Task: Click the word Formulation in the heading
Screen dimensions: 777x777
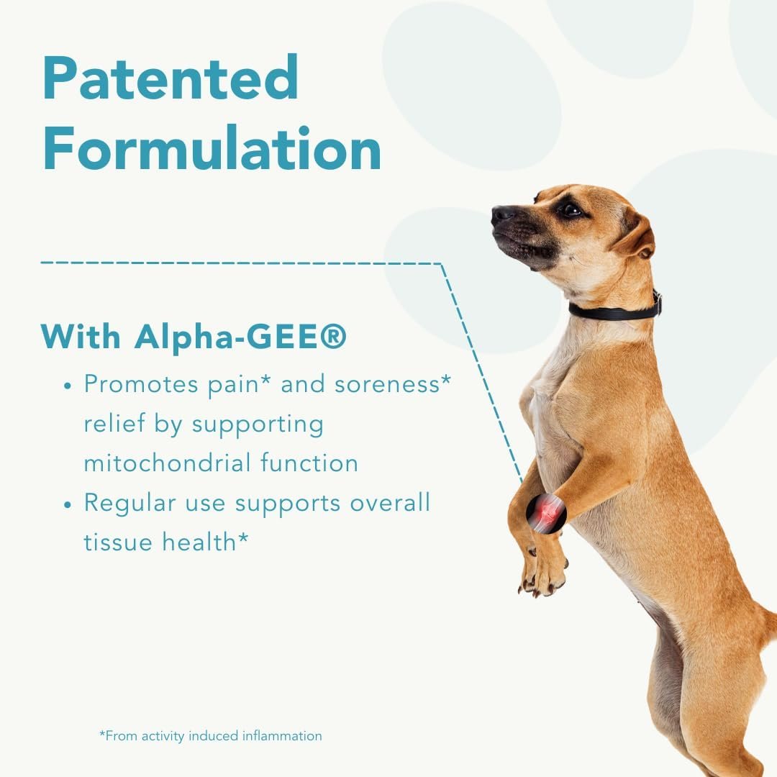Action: coord(212,149)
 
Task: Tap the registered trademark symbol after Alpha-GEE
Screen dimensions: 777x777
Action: coord(332,337)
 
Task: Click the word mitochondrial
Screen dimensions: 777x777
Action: coord(156,463)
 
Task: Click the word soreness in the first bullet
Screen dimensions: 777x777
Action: coord(390,383)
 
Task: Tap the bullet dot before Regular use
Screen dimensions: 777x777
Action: coord(68,504)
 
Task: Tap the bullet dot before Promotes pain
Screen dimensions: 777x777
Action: coord(68,386)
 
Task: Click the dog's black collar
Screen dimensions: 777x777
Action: coord(614,312)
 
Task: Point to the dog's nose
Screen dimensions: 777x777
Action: coord(501,214)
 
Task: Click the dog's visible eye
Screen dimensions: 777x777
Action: coord(571,209)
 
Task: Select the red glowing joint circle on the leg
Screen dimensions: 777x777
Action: coord(546,513)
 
